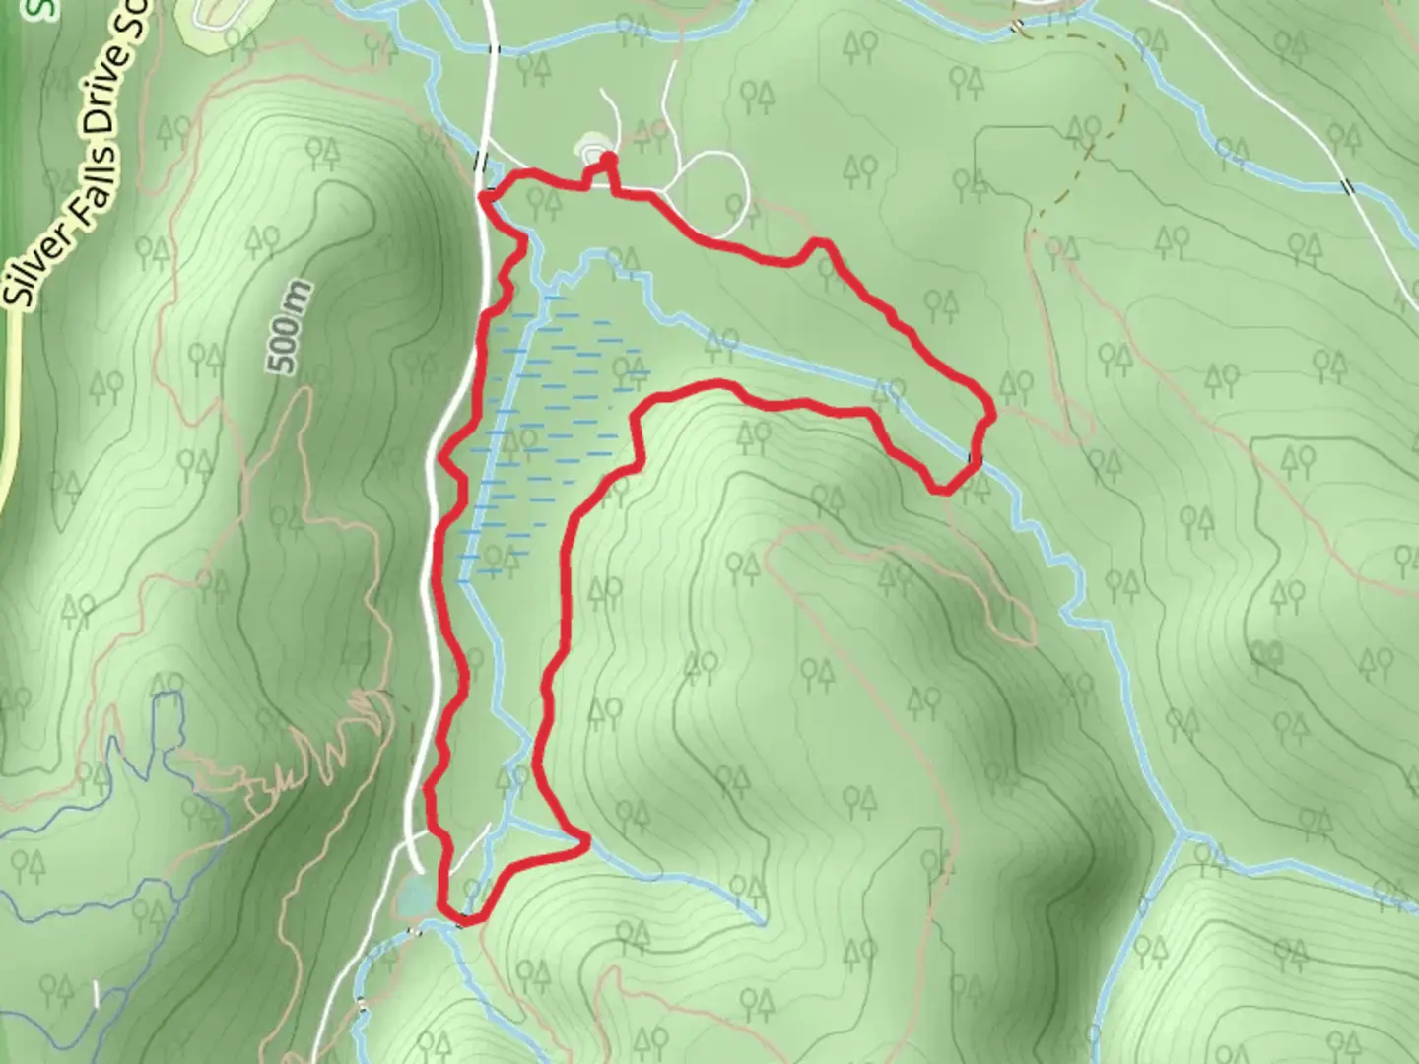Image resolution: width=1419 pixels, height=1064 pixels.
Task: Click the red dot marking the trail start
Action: point(608,159)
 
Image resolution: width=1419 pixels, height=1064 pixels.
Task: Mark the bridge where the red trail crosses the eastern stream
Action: point(975,457)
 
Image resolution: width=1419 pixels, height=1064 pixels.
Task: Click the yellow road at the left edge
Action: point(12,414)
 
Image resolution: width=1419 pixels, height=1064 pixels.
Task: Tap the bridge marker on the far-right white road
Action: point(1349,186)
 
